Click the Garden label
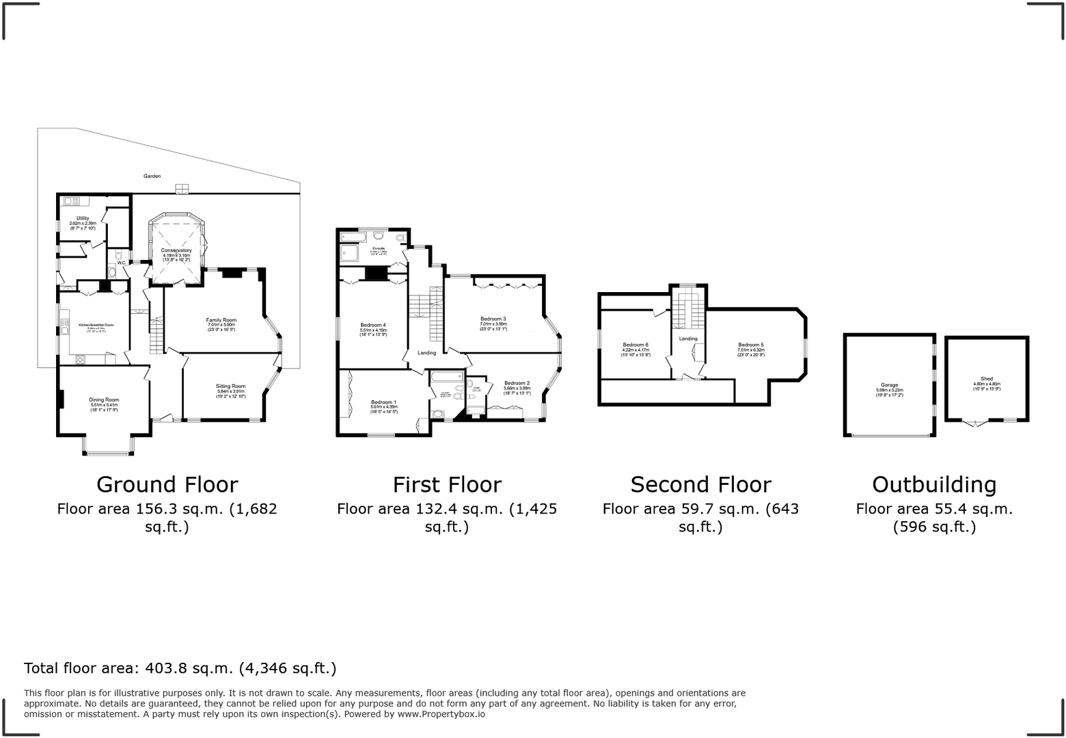coord(152,176)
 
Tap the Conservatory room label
coord(176,250)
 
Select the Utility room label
coord(83,218)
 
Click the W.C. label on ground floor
coord(121,263)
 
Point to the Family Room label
coord(221,320)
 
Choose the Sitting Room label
coord(231,386)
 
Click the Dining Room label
coord(104,399)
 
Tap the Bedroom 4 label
coord(373,325)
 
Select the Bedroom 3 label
coord(493,319)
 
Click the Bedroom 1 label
coord(383,402)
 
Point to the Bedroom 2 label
coord(517,383)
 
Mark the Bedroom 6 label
coord(635,345)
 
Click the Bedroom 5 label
coord(750,345)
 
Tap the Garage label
coord(889,385)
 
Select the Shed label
coord(987,379)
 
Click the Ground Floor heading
coord(167,484)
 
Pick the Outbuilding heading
coord(934,484)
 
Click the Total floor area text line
coord(180,668)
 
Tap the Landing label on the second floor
coord(688,339)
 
